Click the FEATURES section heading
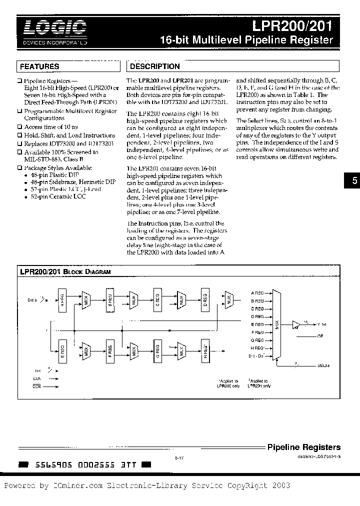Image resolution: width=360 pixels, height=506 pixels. (x=39, y=66)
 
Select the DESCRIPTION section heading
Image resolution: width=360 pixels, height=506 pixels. (x=154, y=66)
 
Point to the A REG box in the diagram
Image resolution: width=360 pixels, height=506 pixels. (x=62, y=300)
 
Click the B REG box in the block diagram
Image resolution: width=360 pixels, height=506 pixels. (x=110, y=300)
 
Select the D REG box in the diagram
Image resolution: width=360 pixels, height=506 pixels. (x=205, y=300)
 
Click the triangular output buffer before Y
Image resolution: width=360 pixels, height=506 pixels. (x=296, y=324)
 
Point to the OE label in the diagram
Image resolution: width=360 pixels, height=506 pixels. (x=320, y=336)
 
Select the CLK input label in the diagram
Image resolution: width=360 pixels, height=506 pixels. (x=37, y=379)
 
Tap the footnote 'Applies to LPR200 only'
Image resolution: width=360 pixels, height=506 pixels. (x=229, y=383)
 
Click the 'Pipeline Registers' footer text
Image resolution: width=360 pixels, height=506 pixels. (x=304, y=447)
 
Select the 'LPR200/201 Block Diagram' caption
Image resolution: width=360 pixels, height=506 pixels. (x=65, y=271)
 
